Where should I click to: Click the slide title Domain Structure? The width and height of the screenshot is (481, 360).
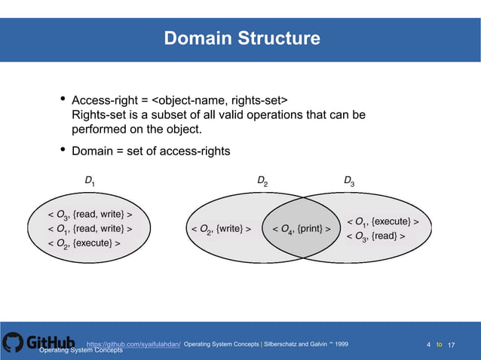[241, 38]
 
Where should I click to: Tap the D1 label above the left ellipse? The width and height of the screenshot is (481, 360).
[90, 181]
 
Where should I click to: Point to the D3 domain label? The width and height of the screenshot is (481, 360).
[349, 181]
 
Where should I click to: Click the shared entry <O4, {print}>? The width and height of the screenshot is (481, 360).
[302, 228]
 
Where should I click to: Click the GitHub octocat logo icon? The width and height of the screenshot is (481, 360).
[13, 343]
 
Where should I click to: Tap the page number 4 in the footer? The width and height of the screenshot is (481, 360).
[428, 344]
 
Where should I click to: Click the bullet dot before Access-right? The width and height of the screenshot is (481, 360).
[63, 101]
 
